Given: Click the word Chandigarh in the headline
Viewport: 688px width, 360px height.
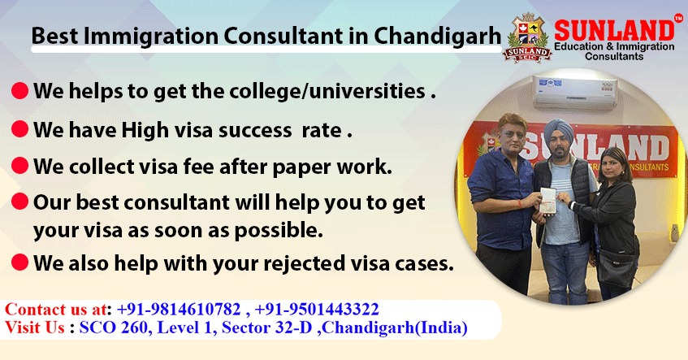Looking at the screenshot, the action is pos(438,36).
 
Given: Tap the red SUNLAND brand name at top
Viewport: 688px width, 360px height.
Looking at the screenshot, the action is pos(614,30).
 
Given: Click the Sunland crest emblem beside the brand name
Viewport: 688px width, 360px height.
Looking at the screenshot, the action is pos(527,37).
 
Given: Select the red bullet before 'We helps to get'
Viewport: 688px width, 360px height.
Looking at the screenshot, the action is pos(19,91).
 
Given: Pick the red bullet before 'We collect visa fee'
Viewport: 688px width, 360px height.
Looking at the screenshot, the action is pos(19,166).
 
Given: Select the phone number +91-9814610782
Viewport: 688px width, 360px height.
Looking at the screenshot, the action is pos(179,309).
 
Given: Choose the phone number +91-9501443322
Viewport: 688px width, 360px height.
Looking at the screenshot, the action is pos(316,309).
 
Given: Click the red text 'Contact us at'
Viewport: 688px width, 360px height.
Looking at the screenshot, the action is pos(55,309).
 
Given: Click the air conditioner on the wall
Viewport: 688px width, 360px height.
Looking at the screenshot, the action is pos(575,91).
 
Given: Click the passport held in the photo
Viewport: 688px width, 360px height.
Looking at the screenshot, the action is pos(547,200).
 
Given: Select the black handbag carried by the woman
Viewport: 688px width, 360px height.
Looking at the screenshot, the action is pos(617,268).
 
